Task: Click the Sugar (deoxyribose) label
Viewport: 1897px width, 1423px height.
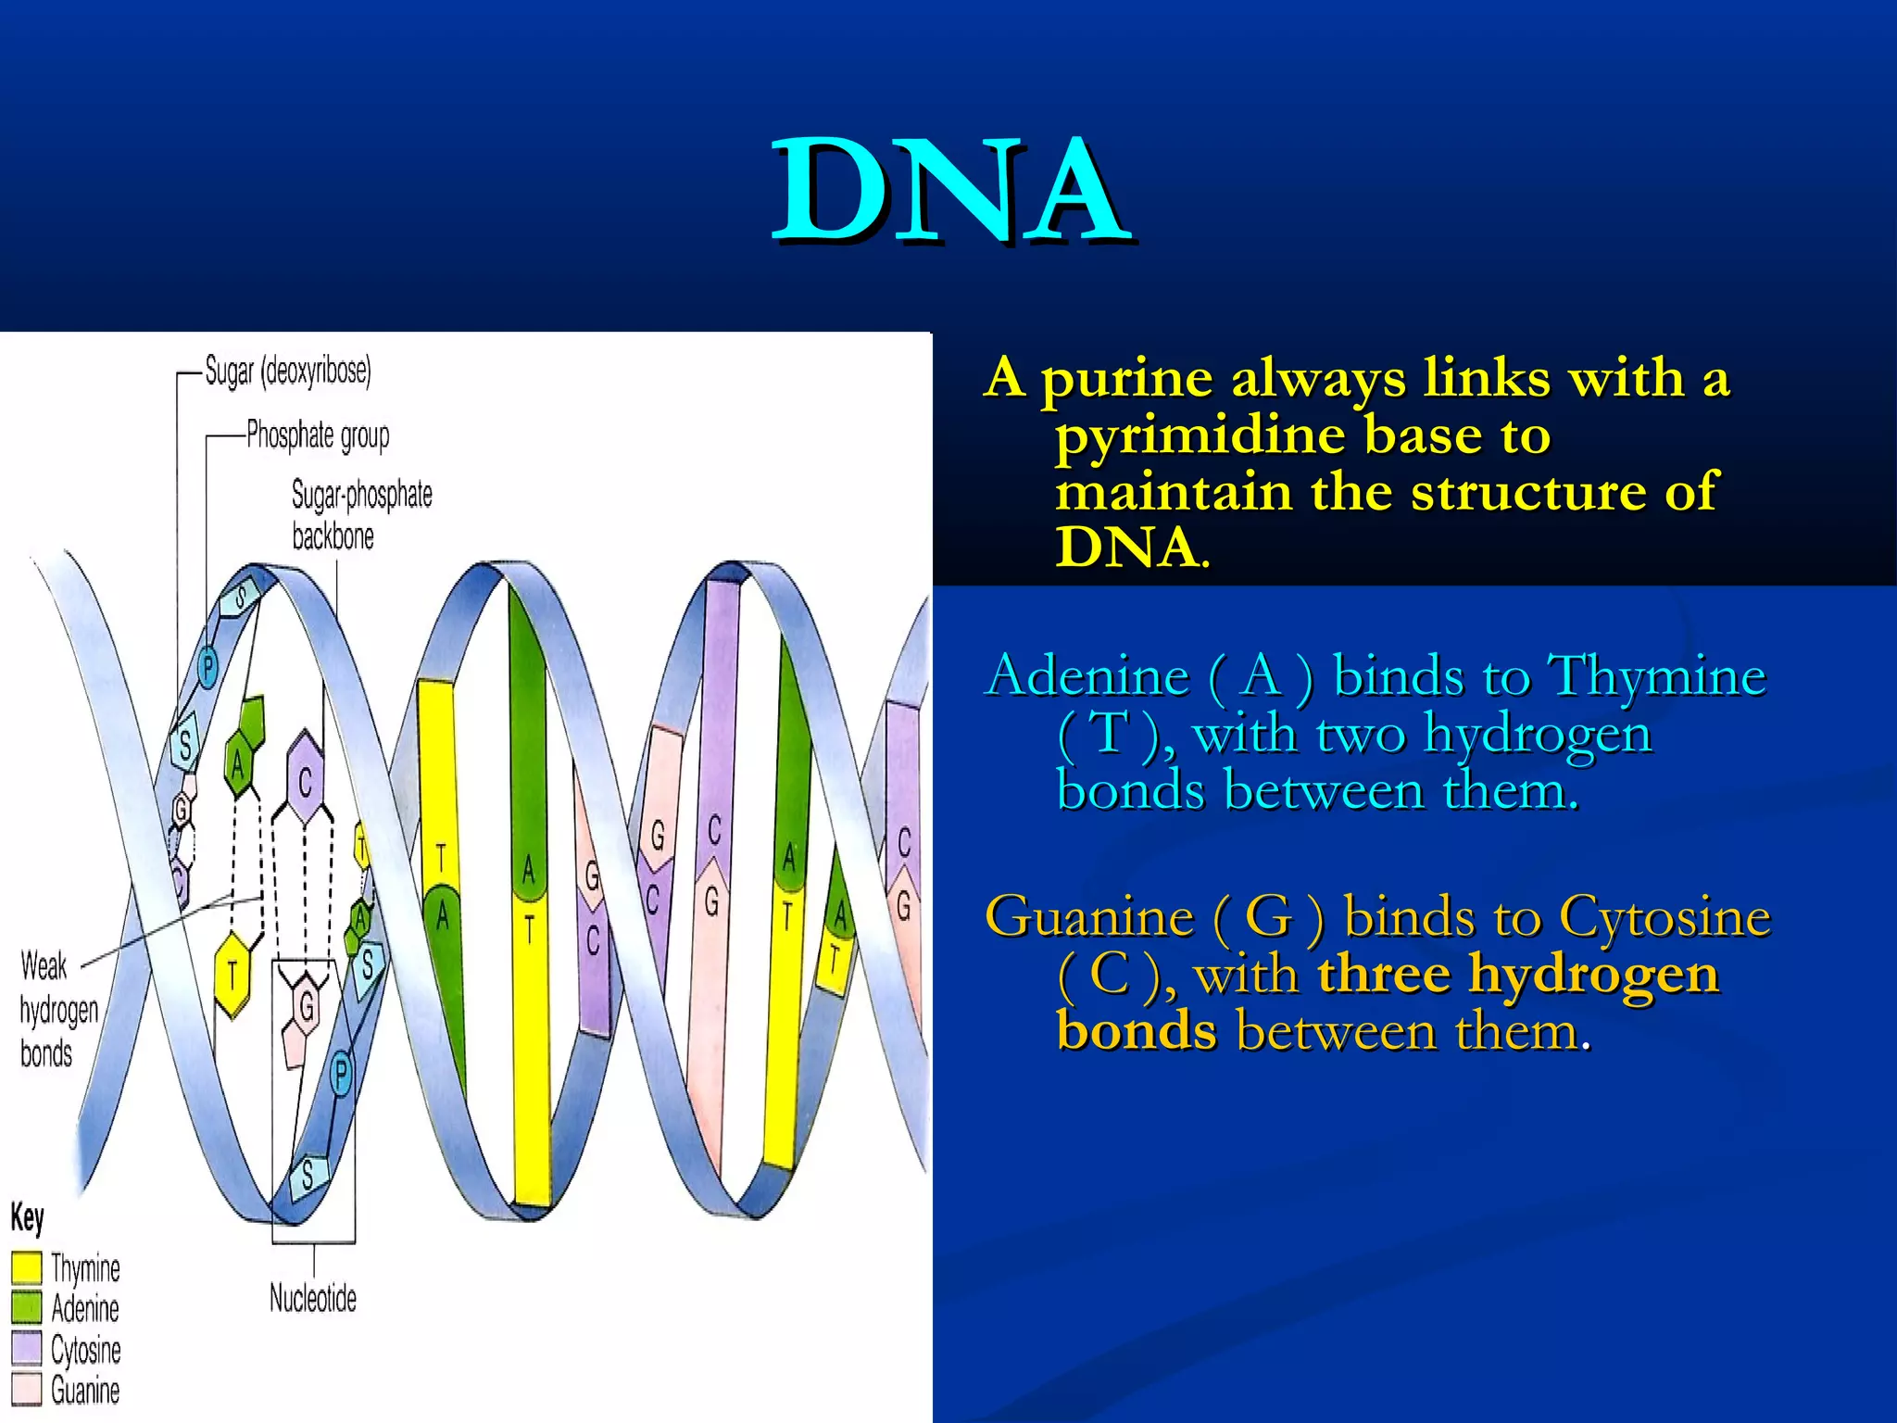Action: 287,371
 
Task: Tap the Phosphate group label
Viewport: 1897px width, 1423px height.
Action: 318,434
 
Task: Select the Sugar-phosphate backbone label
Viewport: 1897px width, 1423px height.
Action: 361,515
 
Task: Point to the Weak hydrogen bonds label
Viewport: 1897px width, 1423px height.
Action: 57,1010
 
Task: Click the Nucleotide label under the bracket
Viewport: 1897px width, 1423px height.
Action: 312,1298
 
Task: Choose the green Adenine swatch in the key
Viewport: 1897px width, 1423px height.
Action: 27,1307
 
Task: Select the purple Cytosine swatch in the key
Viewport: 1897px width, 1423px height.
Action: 27,1348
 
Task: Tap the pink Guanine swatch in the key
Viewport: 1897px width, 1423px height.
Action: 27,1389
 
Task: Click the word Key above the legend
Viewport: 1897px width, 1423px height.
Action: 27,1217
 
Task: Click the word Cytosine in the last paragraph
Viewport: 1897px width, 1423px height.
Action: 1664,917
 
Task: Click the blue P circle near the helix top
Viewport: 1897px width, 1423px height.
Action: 208,665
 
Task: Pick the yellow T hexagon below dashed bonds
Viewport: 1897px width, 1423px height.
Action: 232,975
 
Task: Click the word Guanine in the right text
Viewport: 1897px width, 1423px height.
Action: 1089,917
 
